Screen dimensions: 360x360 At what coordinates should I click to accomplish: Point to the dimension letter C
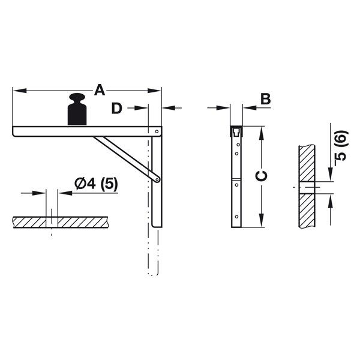pos(261,176)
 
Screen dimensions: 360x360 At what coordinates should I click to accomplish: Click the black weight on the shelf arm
pos(77,110)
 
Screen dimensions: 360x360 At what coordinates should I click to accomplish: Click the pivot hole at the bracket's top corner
pos(157,130)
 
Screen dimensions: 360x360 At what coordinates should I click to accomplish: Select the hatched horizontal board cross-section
pos(60,221)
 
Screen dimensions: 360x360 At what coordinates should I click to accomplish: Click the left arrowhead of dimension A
pos(16,91)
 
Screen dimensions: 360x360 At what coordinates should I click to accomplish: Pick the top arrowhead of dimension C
pos(261,130)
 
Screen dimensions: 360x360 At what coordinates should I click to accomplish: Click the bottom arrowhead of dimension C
pos(261,224)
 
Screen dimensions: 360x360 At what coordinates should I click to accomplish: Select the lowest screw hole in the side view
pos(237,216)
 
